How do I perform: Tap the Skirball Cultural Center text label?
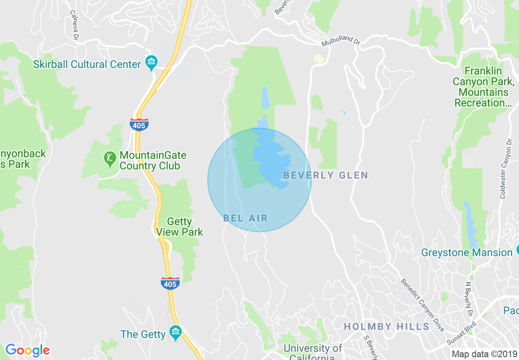coord(87,65)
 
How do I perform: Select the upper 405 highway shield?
coord(139,124)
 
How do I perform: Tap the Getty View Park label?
coord(180,227)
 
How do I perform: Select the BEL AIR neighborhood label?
coord(245,218)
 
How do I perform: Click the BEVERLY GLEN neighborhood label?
coord(326,175)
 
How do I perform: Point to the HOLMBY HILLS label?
coord(386,327)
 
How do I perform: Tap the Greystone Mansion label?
coord(467,253)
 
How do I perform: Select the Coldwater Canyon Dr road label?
coord(506,169)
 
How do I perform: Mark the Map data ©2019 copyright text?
coord(484,354)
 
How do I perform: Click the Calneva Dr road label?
coord(74,25)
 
